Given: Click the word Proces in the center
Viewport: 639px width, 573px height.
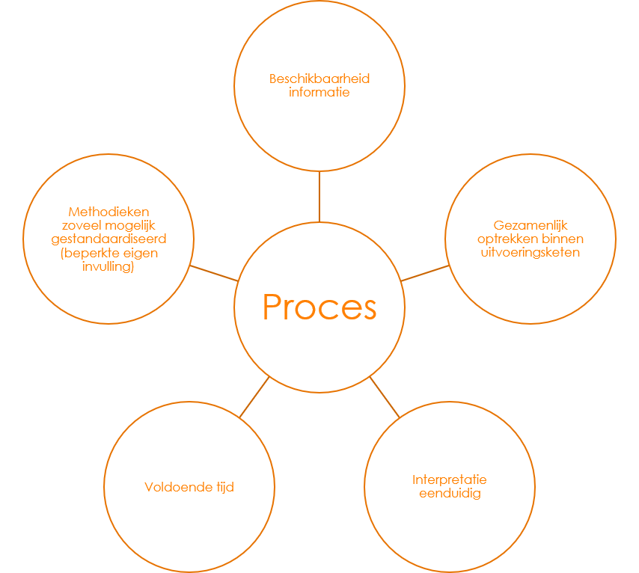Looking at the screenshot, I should [x=319, y=307].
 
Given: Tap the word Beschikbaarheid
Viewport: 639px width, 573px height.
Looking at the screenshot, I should [x=319, y=79].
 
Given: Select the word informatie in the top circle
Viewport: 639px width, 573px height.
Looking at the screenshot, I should [x=319, y=94].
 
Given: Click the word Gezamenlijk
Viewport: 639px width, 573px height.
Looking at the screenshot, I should [x=531, y=224].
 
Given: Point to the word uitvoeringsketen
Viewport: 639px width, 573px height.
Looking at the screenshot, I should [x=531, y=253].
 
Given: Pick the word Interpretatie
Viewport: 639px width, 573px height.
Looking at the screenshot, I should [x=450, y=479].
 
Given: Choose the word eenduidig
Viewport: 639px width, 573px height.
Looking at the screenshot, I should [x=450, y=494].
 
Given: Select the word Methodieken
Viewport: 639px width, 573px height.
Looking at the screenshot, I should [x=108, y=212].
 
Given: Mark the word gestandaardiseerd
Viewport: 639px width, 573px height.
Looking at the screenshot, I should [x=108, y=239].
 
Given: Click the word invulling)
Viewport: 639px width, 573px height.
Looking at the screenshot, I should [x=108, y=267].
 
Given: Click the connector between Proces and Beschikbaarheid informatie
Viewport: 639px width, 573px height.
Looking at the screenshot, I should [x=319, y=197].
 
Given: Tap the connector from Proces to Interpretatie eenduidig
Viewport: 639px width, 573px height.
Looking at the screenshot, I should [x=385, y=396].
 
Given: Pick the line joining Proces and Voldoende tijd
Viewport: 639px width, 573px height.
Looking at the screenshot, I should [x=254, y=396].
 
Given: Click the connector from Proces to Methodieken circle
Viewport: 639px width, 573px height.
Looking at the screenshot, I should [x=214, y=273].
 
